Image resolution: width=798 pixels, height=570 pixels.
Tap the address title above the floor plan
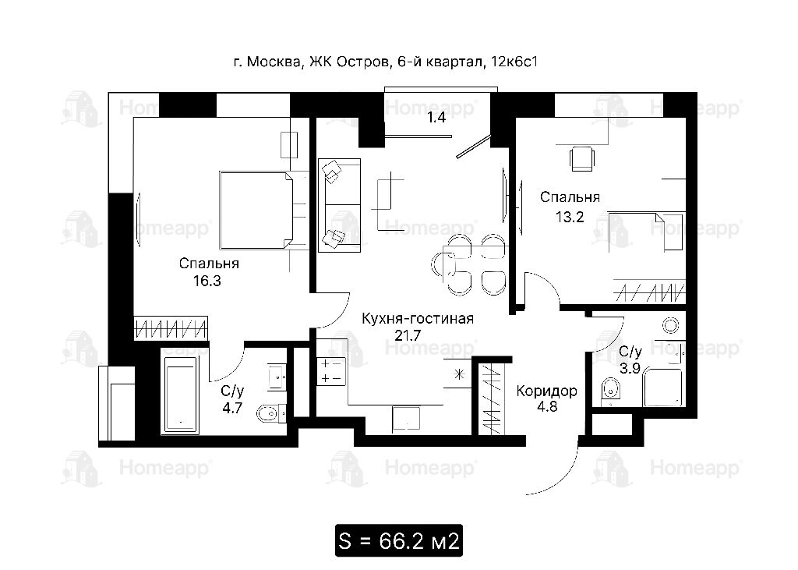tap(385, 62)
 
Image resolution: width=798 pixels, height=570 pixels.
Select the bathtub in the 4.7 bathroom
tap(180, 395)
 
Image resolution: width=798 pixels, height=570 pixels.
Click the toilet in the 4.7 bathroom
tap(270, 413)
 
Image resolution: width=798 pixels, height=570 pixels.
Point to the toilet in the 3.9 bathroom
tap(609, 391)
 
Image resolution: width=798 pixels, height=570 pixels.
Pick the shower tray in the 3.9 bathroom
tap(664, 388)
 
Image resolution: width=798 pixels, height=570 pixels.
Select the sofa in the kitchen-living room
tap(340, 205)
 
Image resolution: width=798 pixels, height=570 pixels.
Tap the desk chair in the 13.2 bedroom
tap(581, 158)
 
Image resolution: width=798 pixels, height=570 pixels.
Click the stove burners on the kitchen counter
tap(331, 371)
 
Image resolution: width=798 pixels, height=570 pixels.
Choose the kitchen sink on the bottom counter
tap(405, 418)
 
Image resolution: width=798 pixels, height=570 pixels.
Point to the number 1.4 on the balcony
tap(436, 118)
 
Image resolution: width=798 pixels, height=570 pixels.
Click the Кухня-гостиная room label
tap(418, 319)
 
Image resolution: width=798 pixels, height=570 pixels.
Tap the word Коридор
tap(546, 391)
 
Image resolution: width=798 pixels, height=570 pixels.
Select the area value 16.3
tap(207, 281)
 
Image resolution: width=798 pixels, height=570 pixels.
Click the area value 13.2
tap(570, 218)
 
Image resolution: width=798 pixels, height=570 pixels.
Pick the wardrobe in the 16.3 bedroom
tap(171, 327)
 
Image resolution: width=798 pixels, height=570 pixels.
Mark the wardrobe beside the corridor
tap(491, 396)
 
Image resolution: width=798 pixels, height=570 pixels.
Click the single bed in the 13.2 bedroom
tap(646, 232)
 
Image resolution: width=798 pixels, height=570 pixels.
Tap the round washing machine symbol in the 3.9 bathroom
tap(670, 325)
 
